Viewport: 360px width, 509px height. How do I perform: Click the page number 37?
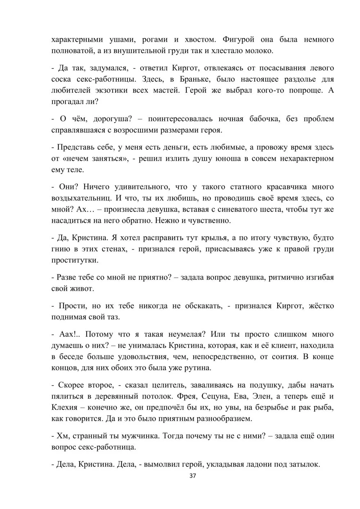click(193, 476)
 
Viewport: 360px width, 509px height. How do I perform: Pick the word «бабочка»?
click(265, 119)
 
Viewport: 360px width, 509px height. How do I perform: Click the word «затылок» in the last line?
click(304, 464)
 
